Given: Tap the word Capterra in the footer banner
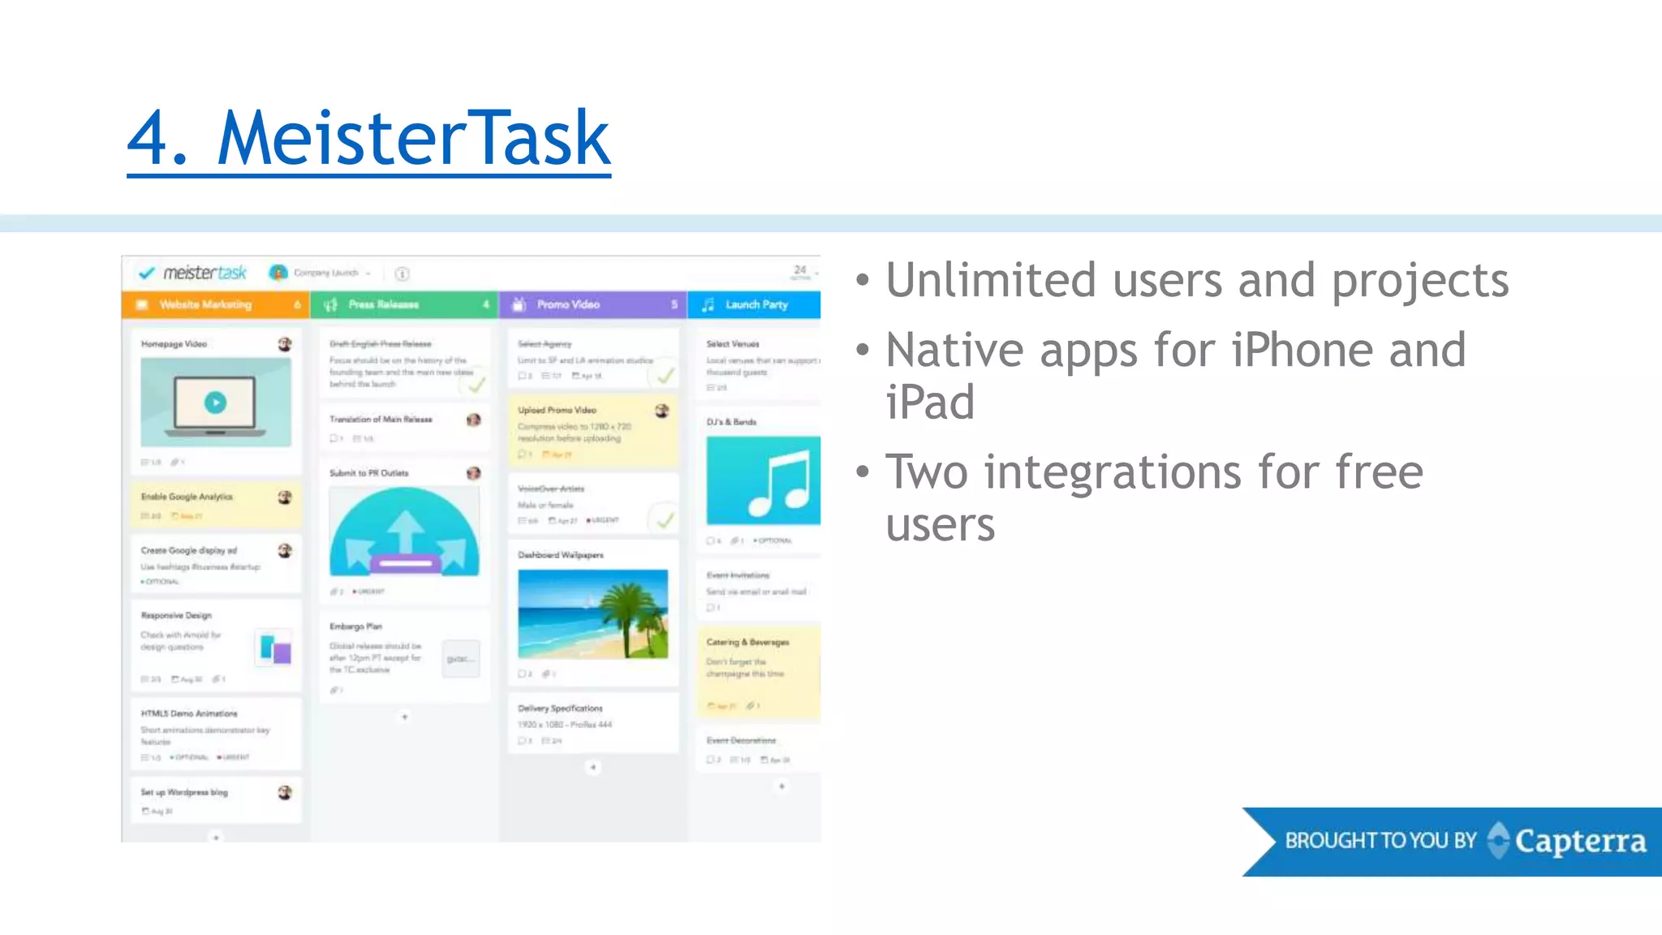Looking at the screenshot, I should pos(1580,842).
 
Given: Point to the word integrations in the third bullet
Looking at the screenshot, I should pos(1112,472).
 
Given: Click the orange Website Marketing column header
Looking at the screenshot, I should pos(215,305).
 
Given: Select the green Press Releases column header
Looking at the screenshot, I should pos(403,305).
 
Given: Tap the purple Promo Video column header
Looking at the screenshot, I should pos(592,305).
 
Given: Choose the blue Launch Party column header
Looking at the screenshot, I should pos(755,305).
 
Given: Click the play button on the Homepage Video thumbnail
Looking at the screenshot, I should pos(215,403).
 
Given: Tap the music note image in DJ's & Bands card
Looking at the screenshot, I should pos(764,480).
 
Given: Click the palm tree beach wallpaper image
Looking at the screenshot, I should pos(593,614).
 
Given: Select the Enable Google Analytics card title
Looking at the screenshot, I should pos(187,497).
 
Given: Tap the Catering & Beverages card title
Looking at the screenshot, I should pos(747,642).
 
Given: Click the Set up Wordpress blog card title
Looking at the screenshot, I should pos(184,792).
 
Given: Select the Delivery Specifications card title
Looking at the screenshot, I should pos(560,709).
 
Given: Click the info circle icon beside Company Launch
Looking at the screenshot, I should pos(402,274).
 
